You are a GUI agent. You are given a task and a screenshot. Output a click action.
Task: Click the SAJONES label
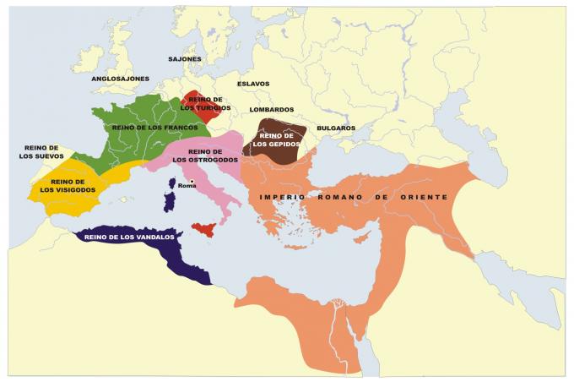[x=185, y=59]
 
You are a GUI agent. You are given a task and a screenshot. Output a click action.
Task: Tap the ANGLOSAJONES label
[x=121, y=79]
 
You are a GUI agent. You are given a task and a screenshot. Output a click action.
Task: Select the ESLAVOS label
[x=253, y=84]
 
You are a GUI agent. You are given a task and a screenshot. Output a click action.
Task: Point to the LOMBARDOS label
[x=272, y=110]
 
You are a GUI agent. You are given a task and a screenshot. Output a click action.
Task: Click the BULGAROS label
[x=336, y=128]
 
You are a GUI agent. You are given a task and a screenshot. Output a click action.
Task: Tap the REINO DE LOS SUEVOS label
[x=41, y=152]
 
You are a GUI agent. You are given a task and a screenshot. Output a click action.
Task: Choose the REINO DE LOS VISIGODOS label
[x=67, y=186]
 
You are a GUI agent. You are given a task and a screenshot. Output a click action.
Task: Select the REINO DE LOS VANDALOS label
[x=129, y=237]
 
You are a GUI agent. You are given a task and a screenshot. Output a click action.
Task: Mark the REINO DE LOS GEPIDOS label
[x=278, y=139]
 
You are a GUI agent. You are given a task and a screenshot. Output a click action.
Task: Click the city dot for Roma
[x=192, y=181]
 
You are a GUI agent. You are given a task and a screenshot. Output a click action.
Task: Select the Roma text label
[x=187, y=186]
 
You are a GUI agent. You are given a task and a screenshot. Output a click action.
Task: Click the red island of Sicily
[x=205, y=229]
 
